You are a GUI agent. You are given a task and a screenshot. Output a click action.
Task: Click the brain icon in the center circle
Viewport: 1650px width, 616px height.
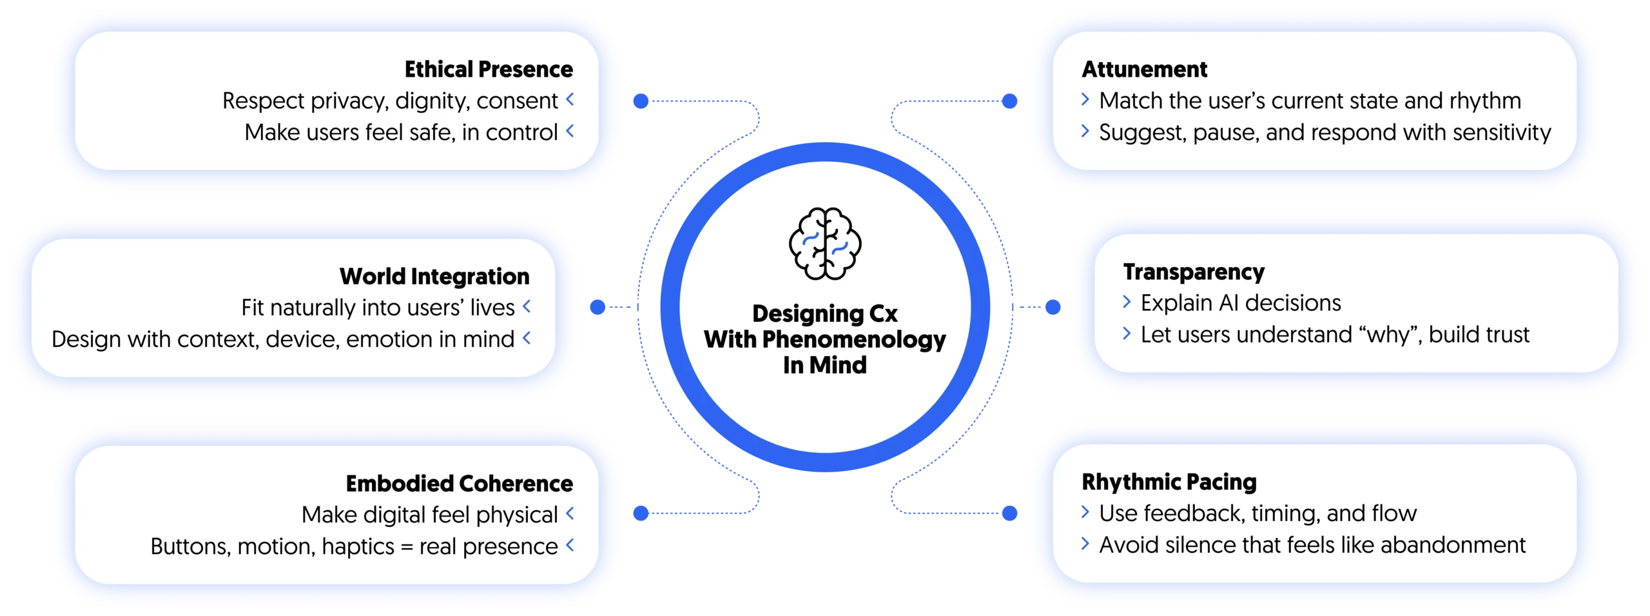click(825, 244)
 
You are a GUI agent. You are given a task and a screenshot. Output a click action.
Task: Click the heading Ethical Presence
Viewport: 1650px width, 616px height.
click(489, 70)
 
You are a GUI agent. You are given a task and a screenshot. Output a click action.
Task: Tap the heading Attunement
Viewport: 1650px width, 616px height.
click(1144, 70)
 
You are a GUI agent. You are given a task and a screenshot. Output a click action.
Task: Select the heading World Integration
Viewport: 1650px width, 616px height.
click(434, 277)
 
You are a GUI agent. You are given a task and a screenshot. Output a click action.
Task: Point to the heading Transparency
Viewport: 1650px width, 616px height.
click(1194, 272)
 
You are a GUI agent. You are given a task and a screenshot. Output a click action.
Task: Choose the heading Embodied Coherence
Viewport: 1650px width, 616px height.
click(459, 484)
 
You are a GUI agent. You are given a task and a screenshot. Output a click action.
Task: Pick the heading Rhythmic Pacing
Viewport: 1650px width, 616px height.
click(1169, 482)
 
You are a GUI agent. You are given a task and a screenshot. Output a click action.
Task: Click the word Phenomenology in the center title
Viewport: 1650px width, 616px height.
click(854, 339)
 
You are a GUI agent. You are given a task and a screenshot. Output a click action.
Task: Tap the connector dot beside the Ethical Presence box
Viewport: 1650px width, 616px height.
click(640, 101)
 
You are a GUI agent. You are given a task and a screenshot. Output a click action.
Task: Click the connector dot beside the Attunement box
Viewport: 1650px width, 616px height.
click(1010, 101)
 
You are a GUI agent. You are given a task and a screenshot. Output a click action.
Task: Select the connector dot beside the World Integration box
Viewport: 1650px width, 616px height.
click(598, 308)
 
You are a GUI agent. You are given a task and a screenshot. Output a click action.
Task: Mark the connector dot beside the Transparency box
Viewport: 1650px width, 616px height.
click(1052, 308)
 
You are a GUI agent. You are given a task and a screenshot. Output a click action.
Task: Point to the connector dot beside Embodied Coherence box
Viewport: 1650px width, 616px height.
click(640, 513)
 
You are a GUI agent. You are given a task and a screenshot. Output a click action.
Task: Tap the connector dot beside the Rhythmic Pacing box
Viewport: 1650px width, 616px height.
click(1010, 513)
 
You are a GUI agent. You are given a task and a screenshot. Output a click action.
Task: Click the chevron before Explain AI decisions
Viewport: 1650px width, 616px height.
click(1127, 302)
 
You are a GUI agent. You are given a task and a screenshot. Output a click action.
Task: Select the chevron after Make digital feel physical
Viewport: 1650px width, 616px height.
click(570, 513)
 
